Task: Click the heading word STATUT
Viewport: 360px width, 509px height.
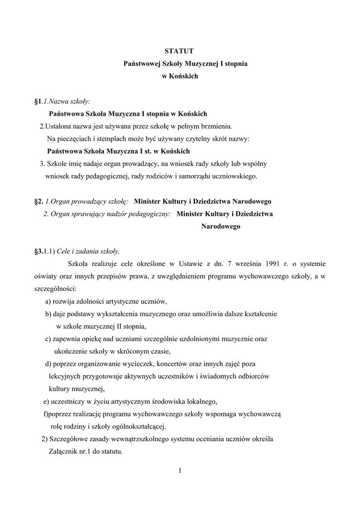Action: [180, 51]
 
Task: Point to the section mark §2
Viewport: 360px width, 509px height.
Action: [38, 201]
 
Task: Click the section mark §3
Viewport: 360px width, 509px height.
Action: [38, 252]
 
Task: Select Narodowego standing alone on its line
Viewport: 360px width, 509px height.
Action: [221, 226]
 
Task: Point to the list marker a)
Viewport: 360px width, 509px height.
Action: [48, 302]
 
